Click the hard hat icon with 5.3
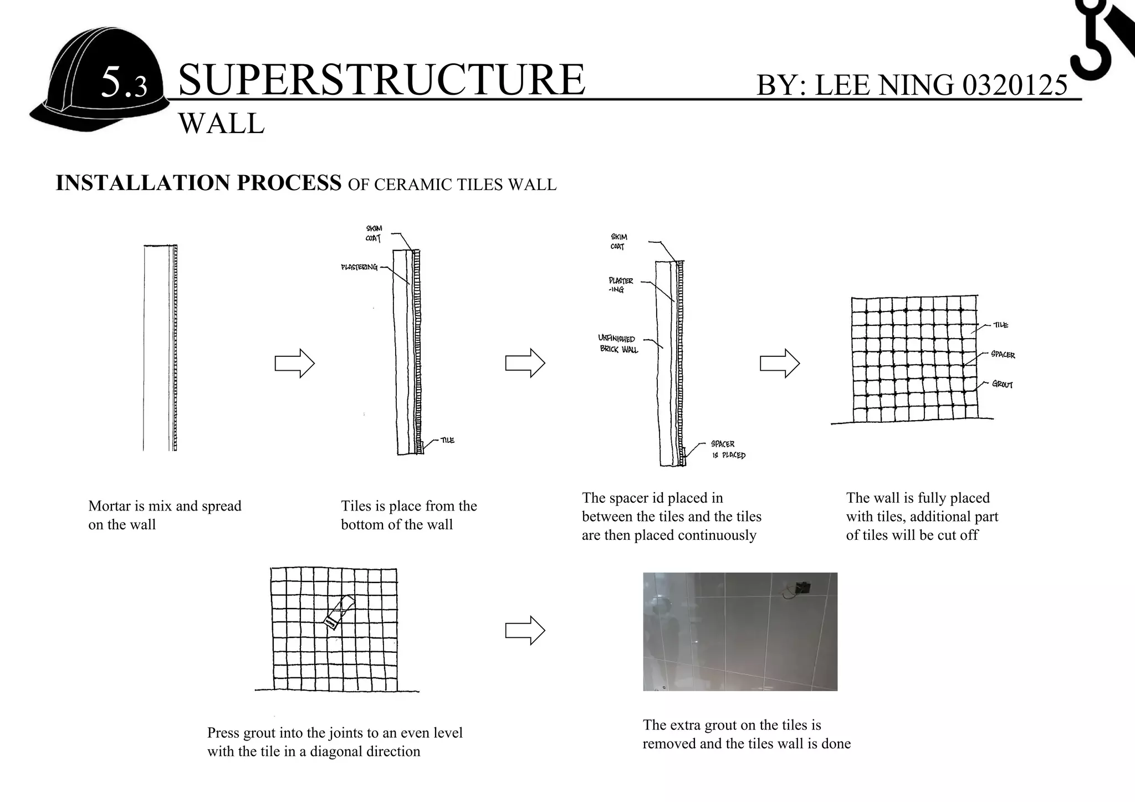100,80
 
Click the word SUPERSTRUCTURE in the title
381,79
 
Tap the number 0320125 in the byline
1015,85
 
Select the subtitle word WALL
221,123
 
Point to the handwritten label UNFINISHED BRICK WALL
618,344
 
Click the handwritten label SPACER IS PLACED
727,449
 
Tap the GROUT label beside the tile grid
1002,384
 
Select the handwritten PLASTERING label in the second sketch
359,268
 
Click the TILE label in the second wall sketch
447,440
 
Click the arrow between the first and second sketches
295,364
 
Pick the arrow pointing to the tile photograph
525,630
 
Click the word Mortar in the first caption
109,506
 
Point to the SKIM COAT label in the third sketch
618,242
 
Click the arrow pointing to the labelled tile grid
779,364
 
